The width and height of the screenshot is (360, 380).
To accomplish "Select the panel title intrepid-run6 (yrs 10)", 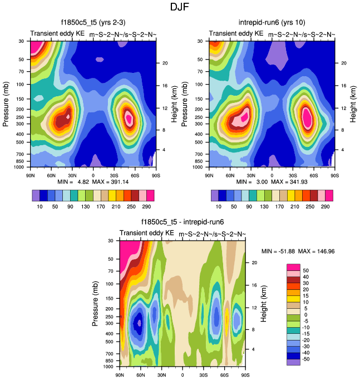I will coord(272,23).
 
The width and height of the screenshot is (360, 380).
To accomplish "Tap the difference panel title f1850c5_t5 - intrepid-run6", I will coord(183,221).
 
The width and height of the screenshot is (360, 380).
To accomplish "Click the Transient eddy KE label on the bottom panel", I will coord(147,233).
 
